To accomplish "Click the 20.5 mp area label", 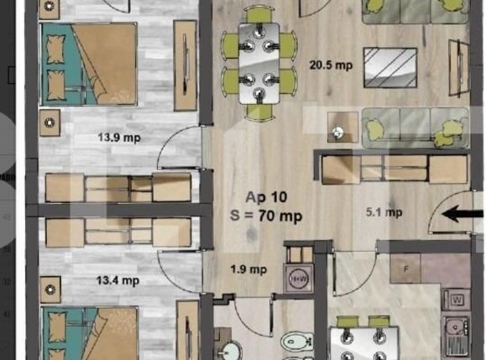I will click(x=330, y=65).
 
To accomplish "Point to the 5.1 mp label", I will click(x=403, y=214).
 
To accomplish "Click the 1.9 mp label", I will click(x=248, y=269).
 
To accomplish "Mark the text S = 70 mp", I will click(x=268, y=217).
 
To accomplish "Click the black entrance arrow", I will click(x=462, y=215).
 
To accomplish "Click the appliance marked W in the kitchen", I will click(x=457, y=300).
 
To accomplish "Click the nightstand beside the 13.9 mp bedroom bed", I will click(x=50, y=123).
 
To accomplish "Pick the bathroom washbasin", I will click(x=230, y=349).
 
